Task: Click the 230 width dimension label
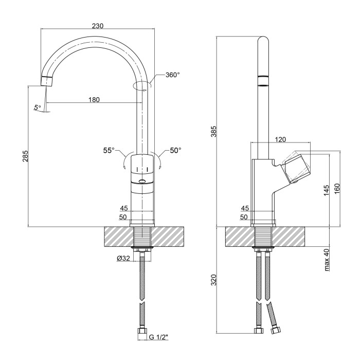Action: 98,26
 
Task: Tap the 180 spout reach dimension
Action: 94,100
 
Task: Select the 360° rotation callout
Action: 173,75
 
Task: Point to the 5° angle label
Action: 38,107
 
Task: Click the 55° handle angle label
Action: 109,150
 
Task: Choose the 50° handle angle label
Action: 176,150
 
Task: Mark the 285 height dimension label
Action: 25,156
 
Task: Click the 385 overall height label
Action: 214,131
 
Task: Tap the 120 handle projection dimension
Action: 280,139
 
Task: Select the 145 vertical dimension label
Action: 326,191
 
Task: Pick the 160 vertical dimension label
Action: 337,189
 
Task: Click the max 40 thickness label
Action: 327,260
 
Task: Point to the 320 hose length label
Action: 214,280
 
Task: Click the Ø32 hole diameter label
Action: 123,259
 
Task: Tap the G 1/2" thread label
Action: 158,337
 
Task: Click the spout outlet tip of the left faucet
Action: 47,81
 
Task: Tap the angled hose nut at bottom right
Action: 275,331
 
